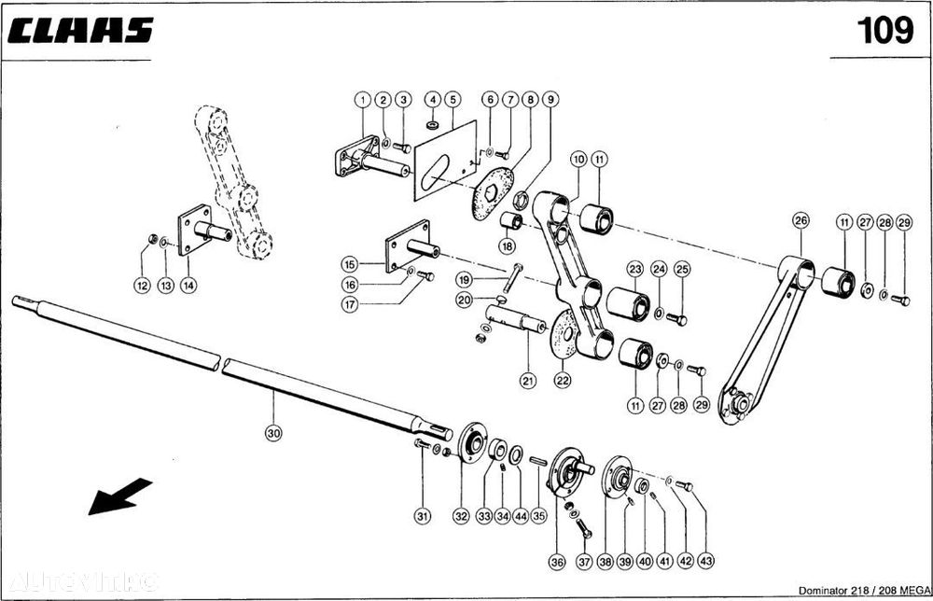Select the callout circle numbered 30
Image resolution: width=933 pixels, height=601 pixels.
point(273,433)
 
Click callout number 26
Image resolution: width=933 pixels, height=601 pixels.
point(800,221)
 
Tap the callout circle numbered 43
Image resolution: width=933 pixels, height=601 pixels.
point(705,562)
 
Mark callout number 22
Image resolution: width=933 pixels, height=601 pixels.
point(563,380)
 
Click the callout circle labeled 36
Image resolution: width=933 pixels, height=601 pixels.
point(557,562)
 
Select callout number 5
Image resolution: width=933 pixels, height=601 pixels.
point(453,99)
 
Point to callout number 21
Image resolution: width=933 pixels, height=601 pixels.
point(528,380)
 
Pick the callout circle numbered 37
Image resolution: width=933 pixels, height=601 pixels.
point(584,562)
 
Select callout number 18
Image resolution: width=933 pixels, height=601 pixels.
point(507,246)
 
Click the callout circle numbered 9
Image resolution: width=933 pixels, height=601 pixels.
point(550,99)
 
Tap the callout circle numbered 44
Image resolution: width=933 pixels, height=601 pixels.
point(519,515)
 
